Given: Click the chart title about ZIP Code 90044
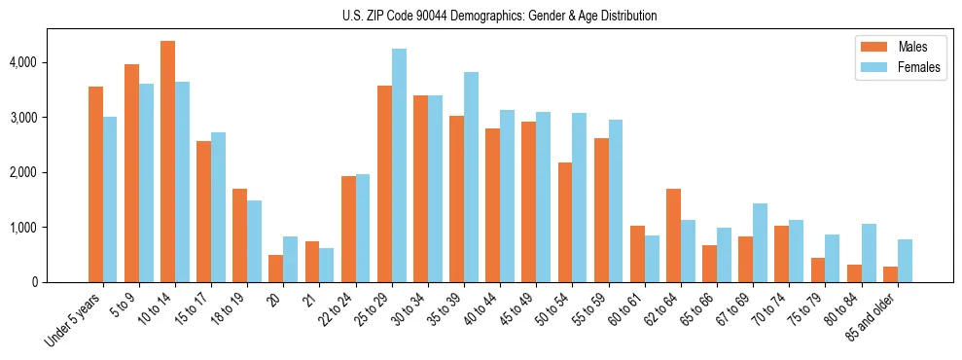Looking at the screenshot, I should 499,16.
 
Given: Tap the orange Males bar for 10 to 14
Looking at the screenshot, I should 167,162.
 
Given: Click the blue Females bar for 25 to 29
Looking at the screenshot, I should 399,165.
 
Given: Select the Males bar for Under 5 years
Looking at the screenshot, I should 95,185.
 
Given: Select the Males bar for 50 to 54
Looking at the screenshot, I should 565,223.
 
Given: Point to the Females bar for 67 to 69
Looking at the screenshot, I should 760,243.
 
